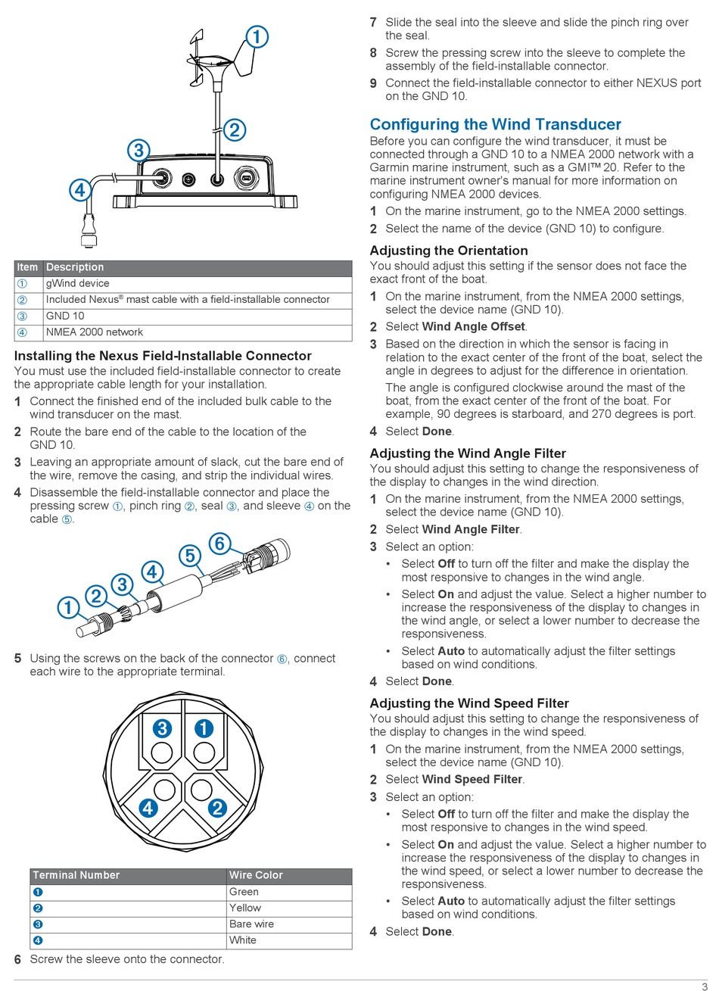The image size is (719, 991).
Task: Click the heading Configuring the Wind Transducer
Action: point(495,124)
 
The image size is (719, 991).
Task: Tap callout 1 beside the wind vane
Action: point(257,36)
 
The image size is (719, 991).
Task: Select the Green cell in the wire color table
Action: point(244,892)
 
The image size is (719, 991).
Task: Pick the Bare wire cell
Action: point(251,924)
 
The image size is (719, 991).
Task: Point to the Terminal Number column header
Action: point(76,875)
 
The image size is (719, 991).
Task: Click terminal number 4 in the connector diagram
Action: point(148,808)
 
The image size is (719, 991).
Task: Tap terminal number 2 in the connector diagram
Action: point(217,808)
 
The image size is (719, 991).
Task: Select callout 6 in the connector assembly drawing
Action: point(219,543)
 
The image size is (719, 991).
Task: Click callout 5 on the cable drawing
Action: point(189,556)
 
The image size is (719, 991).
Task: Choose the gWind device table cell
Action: point(77,283)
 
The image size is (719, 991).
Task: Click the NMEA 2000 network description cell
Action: point(94,332)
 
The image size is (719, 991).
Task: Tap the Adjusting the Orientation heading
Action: point(448,251)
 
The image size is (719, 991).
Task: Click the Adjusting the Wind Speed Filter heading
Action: point(468,703)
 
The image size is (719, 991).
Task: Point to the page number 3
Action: point(704,986)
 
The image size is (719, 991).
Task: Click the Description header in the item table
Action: point(75,267)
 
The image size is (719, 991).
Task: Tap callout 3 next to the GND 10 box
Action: point(139,150)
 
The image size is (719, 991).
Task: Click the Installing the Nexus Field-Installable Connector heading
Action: point(163,356)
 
